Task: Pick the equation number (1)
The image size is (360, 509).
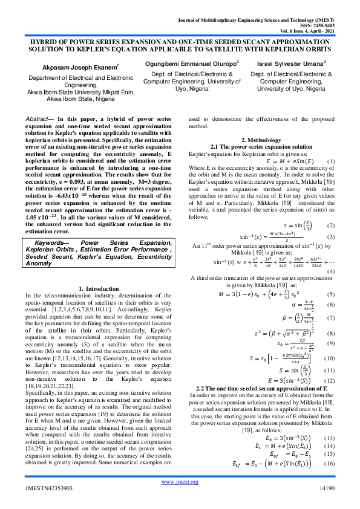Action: point(330,161)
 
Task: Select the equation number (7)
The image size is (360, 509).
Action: point(330,317)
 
